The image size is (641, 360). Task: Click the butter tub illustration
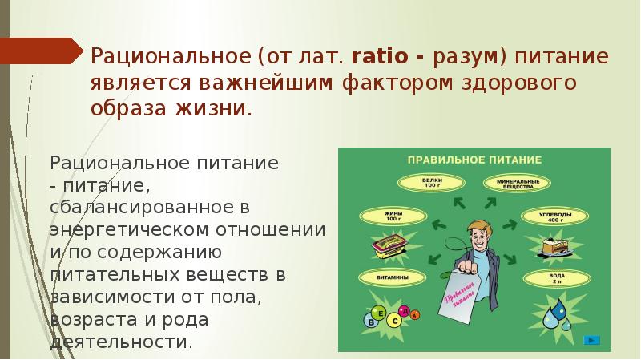391,246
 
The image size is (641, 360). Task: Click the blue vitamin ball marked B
371,320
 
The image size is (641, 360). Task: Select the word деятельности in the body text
121,342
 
